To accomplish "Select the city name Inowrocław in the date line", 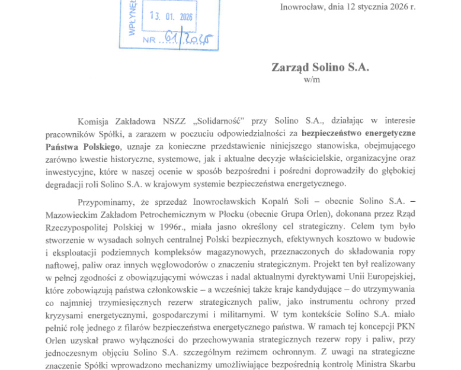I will tap(303, 7).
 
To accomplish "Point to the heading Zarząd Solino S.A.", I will tap(320, 67).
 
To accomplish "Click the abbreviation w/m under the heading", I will tap(311, 80).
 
